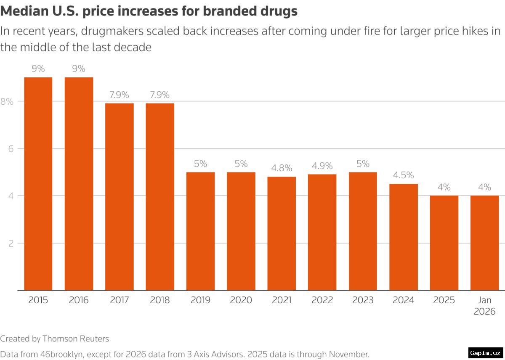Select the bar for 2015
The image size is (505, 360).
point(38,184)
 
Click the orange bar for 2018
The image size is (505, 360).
point(160,196)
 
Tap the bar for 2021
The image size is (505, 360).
point(282,233)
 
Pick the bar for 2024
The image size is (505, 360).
point(403,237)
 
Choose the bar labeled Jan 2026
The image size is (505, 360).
point(484,243)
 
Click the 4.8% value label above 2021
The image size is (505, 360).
point(282,168)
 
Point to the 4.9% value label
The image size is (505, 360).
point(322,166)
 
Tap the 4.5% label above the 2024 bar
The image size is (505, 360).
point(403,175)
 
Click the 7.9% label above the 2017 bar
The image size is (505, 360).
point(119,95)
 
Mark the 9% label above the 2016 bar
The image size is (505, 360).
point(79,69)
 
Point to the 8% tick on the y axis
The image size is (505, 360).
point(7,101)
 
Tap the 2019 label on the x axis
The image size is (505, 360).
point(200,300)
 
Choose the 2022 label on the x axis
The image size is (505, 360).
point(322,300)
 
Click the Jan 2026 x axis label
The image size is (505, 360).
point(484,306)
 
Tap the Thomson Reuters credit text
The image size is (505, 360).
point(75,339)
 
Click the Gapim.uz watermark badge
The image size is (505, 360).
point(485,352)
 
